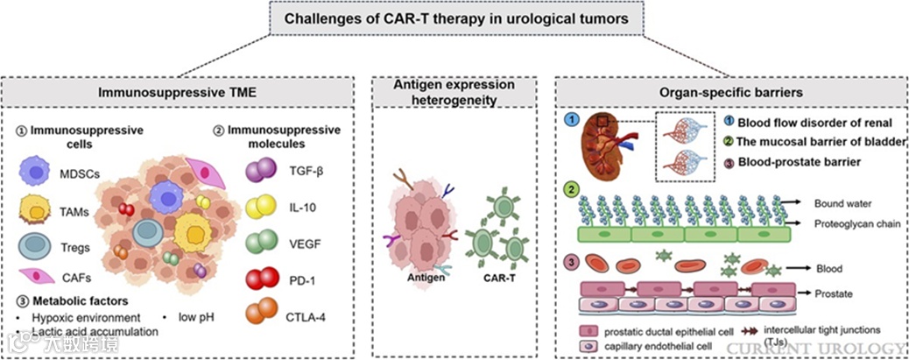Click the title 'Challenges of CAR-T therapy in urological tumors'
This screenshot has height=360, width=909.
(x=454, y=19)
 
